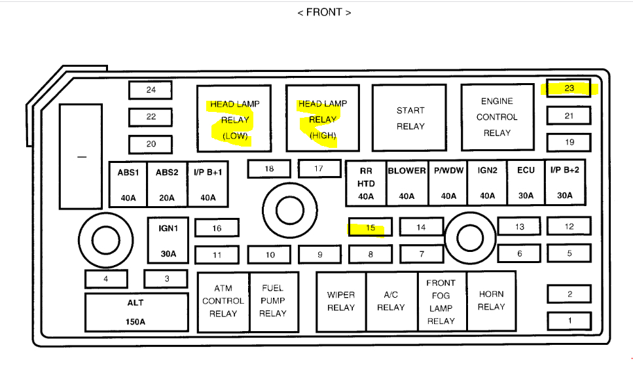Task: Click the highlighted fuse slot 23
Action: [x=569, y=88]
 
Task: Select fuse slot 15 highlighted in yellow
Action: [x=371, y=228]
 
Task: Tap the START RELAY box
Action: [x=410, y=118]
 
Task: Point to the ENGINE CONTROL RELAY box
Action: [x=497, y=117]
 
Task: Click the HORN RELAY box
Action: [x=491, y=301]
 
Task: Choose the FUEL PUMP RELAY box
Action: [x=272, y=301]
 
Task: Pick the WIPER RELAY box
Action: [x=341, y=301]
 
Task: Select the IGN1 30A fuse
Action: [x=168, y=241]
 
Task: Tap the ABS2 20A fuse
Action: [x=167, y=184]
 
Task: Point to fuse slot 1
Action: [x=569, y=321]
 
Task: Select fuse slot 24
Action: [x=151, y=90]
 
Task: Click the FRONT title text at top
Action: [x=324, y=12]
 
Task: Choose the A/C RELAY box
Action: [x=391, y=301]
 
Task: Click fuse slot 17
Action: [x=319, y=169]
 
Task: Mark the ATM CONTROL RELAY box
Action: [x=223, y=301]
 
